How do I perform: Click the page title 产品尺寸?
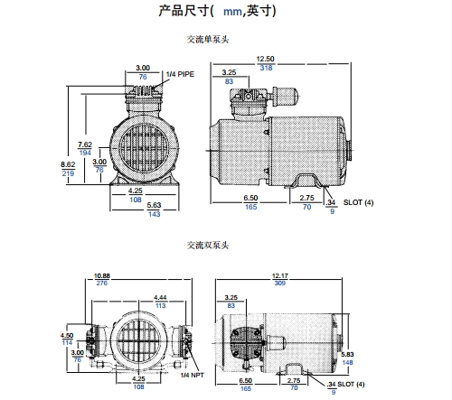184,11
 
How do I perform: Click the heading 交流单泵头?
208,40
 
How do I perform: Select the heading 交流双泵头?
208,246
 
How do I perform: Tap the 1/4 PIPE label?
180,74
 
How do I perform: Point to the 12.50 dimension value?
265,59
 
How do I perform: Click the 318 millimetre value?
266,68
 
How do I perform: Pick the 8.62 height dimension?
68,164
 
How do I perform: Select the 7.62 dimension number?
85,144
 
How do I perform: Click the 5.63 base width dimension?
154,205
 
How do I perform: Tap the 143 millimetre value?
154,214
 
